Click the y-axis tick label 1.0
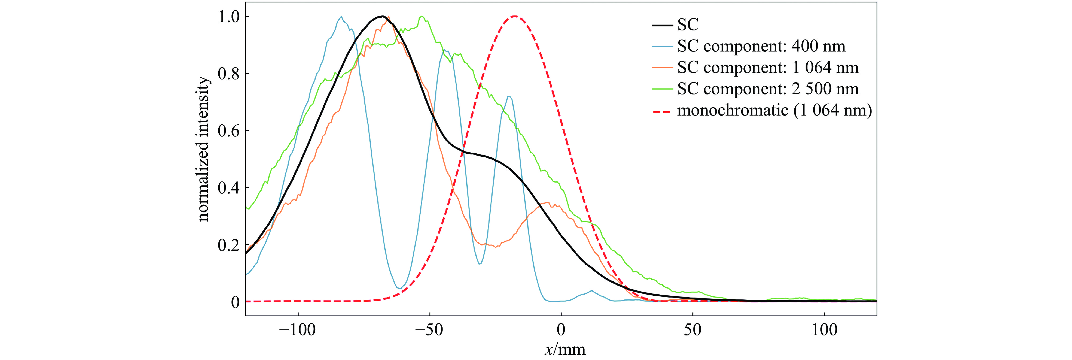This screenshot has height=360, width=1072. (228, 17)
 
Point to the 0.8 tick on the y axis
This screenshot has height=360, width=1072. (228, 74)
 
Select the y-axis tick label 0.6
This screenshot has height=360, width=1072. (228, 131)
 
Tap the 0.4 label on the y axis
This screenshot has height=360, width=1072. (228, 188)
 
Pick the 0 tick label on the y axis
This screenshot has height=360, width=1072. (235, 302)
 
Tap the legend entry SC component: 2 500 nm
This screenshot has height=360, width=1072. (767, 89)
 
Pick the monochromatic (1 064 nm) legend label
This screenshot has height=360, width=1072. (774, 110)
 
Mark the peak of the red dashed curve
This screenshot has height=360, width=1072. (515, 16)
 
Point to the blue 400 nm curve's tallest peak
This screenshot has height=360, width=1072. (341, 16)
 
